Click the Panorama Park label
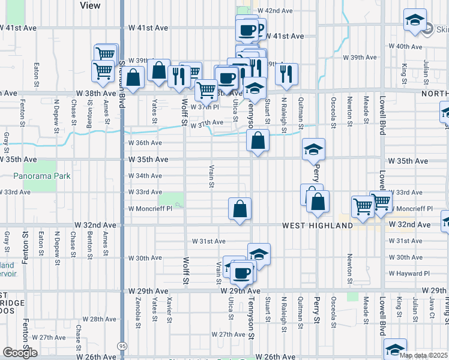coord(42,176)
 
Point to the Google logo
coord(20,353)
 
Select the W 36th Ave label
coord(145,143)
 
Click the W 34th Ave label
coord(145,176)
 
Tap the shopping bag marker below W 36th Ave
coord(258,141)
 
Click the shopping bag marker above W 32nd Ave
coord(240,209)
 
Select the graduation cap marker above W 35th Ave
coord(313,150)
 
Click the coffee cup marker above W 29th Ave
coord(243,273)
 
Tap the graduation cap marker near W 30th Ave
coord(259,254)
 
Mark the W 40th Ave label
coord(406,46)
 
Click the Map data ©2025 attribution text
coord(423,355)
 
